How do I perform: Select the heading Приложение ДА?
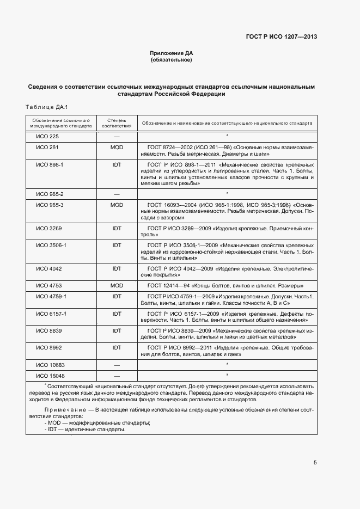(x=172, y=53)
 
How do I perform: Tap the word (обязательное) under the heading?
(x=172, y=60)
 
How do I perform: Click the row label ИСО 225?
(x=47, y=136)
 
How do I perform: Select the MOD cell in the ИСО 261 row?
(x=117, y=148)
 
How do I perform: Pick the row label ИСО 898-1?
(x=50, y=164)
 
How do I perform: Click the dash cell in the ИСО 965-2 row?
(x=117, y=194)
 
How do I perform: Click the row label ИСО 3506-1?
(x=51, y=246)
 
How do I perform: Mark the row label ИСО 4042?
(x=48, y=268)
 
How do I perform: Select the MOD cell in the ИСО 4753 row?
(x=117, y=285)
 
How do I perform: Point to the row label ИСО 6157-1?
(x=51, y=314)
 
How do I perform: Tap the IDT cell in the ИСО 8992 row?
(x=117, y=347)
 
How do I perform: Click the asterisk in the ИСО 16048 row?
(x=227, y=375)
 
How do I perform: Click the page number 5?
(x=315, y=463)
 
